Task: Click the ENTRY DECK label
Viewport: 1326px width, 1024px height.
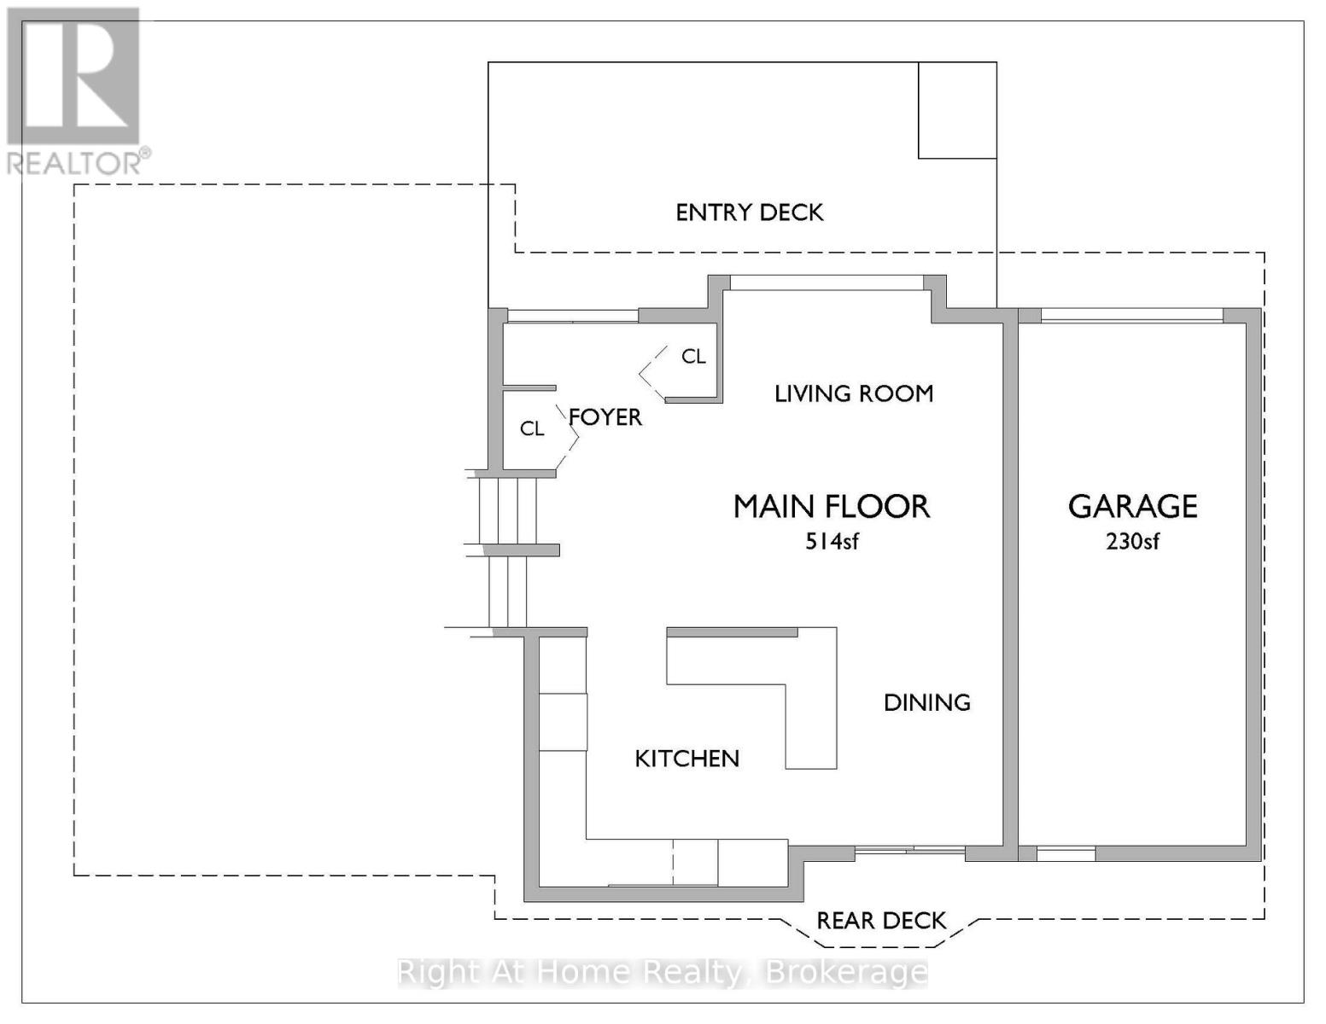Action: [x=749, y=212]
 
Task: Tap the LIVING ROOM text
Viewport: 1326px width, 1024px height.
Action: [x=853, y=393]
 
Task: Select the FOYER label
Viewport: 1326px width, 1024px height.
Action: [x=605, y=417]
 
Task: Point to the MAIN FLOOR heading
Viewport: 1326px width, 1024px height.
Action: [x=831, y=507]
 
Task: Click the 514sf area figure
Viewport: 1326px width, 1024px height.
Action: [x=831, y=541]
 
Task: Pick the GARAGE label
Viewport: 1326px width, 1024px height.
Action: [x=1132, y=507]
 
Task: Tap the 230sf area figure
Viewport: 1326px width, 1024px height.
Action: [x=1132, y=541]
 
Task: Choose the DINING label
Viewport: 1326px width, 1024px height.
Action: [x=926, y=703]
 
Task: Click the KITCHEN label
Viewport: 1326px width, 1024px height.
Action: [x=686, y=759]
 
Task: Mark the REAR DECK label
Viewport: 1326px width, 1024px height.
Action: [x=881, y=921]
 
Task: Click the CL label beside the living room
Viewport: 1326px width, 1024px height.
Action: [x=693, y=357]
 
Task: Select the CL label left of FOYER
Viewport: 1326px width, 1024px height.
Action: [x=532, y=428]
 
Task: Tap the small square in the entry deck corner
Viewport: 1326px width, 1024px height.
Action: [x=957, y=110]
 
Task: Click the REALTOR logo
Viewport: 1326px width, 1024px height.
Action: [x=74, y=90]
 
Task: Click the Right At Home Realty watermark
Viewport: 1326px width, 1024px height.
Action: [x=663, y=973]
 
